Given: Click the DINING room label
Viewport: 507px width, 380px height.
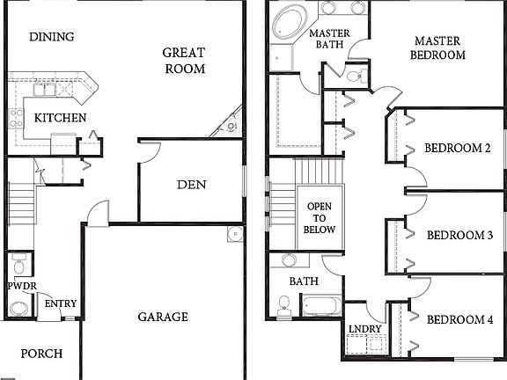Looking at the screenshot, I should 51,37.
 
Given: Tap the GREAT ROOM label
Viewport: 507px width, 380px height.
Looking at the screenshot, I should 184,61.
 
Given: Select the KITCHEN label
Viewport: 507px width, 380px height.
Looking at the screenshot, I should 60,118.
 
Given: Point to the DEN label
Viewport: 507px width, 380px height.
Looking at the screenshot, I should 191,185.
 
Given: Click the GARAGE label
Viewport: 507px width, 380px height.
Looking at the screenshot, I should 164,317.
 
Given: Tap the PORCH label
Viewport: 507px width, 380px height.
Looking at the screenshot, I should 40,354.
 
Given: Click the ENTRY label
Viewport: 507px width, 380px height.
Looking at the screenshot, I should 61,304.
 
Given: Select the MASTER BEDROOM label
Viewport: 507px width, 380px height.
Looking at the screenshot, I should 438,47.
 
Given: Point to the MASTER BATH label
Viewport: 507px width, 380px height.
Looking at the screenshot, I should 330,40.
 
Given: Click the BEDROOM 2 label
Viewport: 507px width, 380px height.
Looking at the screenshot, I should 457,148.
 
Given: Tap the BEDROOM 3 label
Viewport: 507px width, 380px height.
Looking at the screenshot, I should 458,235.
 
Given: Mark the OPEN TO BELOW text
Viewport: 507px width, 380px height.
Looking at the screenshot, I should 319,217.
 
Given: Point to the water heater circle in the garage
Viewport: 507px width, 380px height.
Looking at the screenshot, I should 233,234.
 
